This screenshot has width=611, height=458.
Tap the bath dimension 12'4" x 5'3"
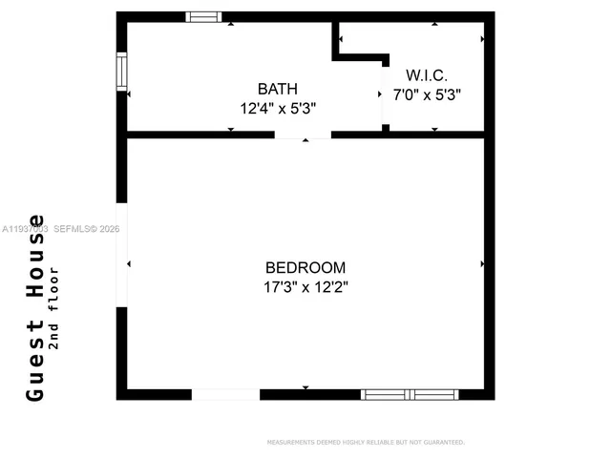[x=277, y=108]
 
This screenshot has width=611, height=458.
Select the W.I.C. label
[x=427, y=74]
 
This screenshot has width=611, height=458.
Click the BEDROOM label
[x=305, y=267]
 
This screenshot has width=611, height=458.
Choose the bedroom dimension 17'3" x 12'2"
[x=305, y=286]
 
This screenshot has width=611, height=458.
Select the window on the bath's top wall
[x=203, y=16]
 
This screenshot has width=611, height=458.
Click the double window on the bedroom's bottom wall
[x=409, y=394]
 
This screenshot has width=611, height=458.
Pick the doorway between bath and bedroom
[x=303, y=135]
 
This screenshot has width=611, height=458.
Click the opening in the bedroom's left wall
[x=121, y=256]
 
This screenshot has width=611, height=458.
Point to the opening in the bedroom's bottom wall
[x=225, y=394]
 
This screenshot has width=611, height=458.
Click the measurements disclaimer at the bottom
[x=366, y=442]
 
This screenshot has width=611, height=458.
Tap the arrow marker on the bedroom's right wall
[x=483, y=263]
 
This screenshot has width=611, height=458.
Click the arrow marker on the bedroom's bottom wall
[x=305, y=387]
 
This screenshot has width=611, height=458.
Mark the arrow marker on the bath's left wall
[x=129, y=94]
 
